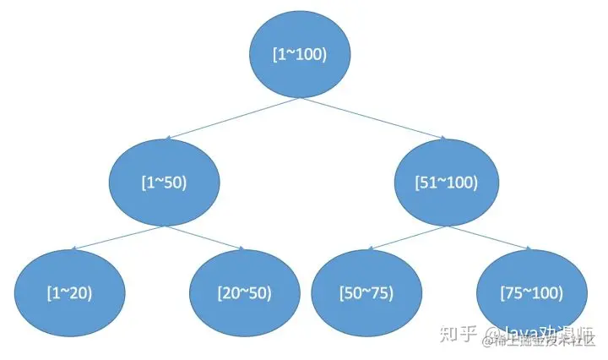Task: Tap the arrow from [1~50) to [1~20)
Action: (118, 237)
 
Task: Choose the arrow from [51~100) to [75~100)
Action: (488, 237)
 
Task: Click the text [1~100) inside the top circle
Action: (300, 55)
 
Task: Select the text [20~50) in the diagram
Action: (245, 293)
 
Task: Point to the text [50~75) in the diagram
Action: (366, 293)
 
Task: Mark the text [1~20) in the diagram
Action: (70, 293)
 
